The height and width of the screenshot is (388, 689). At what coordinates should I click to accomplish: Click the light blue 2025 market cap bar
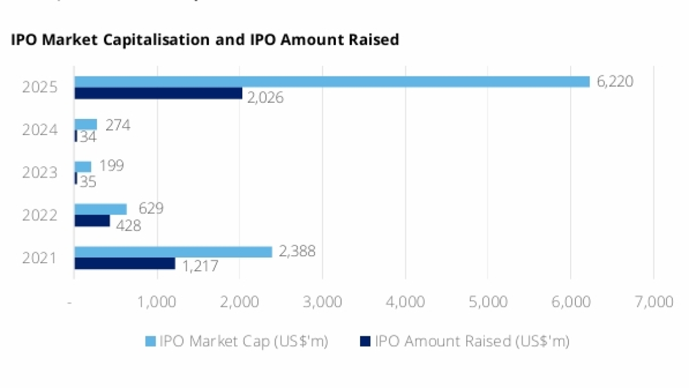coord(332,82)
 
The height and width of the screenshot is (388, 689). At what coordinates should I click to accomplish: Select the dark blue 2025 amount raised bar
coord(158,93)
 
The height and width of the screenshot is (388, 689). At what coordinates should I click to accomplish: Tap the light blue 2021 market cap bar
coord(173,252)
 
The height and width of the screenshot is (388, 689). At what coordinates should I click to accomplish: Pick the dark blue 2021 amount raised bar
coord(125,263)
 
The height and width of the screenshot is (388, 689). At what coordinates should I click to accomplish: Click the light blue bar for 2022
coord(100,209)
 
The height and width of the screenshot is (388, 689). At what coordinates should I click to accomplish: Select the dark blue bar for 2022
coord(92,221)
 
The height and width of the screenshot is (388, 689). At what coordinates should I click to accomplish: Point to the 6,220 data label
coord(615,82)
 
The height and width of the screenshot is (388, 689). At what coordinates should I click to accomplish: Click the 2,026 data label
coord(265,98)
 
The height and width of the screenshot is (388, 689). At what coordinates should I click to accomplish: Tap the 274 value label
coord(117,125)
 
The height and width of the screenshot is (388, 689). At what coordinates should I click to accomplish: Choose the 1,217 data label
coord(200,267)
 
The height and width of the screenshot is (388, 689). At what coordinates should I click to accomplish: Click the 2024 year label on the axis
coord(40,130)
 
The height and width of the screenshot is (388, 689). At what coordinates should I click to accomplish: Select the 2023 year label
coord(40,172)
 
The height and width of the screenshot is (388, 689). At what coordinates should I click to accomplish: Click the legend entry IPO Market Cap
coord(237,341)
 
